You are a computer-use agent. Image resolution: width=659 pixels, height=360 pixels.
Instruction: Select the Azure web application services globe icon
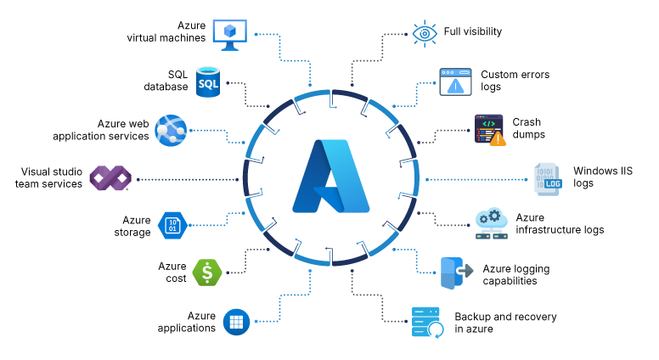click(171, 129)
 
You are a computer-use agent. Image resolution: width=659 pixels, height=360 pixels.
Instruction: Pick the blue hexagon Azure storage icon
click(172, 226)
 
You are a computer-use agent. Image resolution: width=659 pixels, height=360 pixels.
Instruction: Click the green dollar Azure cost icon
click(206, 273)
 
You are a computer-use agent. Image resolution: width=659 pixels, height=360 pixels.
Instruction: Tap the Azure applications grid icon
click(235, 322)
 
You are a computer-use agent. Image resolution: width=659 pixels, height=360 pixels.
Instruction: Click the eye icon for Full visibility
click(424, 33)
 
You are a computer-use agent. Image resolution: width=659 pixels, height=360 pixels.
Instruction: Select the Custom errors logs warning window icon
click(455, 82)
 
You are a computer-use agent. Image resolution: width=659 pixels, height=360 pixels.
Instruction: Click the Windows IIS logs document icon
click(547, 178)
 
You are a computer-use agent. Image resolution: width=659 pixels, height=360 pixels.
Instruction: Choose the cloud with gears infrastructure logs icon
click(492, 224)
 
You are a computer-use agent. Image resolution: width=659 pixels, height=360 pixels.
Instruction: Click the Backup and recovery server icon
click(426, 323)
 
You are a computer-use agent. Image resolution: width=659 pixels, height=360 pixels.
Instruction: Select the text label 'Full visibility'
click(473, 31)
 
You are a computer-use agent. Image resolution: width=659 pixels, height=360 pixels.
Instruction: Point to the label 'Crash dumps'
click(528, 128)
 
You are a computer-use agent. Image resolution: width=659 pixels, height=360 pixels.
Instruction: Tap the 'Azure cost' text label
click(172, 273)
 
